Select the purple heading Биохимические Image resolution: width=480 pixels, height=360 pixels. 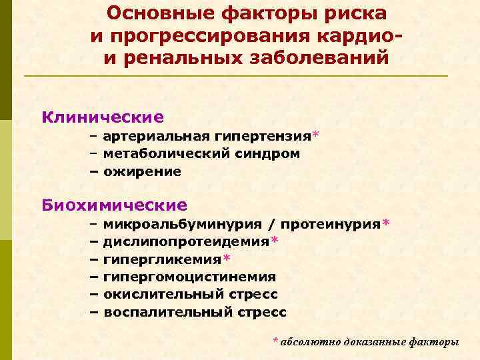(x=114, y=205)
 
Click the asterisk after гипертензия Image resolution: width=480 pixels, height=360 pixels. (x=315, y=135)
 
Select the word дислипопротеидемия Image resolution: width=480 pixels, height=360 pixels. (x=187, y=241)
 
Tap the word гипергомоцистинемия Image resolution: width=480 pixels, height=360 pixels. (x=189, y=276)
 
